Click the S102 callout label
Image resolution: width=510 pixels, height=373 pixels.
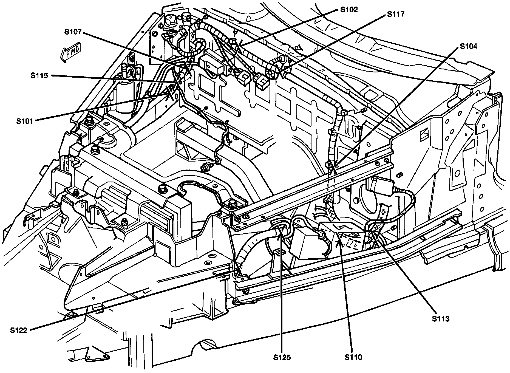click(349, 10)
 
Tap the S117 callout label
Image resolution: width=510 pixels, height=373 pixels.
click(395, 14)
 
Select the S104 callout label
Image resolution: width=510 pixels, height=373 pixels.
click(468, 47)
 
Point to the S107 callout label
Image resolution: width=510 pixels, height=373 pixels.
click(73, 32)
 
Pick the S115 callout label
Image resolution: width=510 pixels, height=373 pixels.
click(39, 75)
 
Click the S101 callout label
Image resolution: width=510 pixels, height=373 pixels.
click(24, 121)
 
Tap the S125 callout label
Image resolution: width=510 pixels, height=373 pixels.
click(282, 357)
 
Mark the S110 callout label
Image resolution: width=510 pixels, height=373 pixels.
click(353, 357)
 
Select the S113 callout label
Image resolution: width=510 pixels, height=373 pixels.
click(441, 319)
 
